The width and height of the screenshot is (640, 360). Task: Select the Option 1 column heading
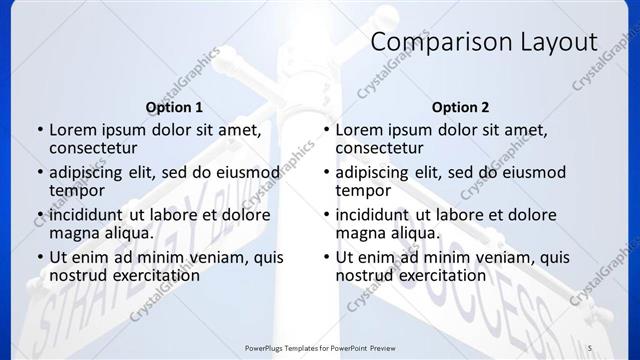[x=174, y=107]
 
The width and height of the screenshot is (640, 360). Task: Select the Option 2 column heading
[x=460, y=107]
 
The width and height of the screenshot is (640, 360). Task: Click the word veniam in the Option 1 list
[x=222, y=257]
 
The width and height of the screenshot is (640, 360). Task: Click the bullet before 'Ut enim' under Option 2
[x=326, y=258]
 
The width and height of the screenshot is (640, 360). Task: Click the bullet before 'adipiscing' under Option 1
[x=40, y=173]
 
